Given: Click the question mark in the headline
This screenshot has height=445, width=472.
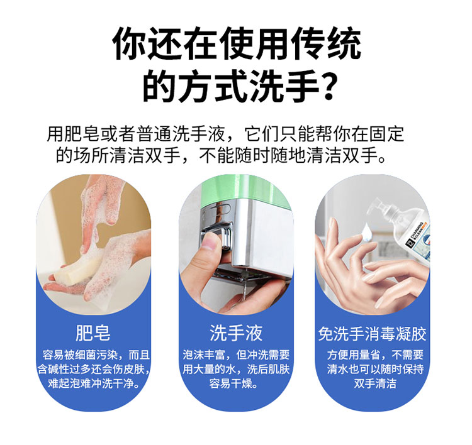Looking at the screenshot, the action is click(x=326, y=86).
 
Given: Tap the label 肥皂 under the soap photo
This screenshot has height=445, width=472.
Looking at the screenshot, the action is click(x=93, y=333).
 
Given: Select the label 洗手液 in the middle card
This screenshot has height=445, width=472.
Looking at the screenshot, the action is click(x=236, y=333).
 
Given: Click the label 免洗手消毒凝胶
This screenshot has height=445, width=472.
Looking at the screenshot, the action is click(x=372, y=334).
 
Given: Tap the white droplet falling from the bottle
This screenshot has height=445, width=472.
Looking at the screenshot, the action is click(x=366, y=230).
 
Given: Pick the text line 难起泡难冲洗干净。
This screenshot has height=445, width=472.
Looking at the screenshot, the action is click(x=94, y=383).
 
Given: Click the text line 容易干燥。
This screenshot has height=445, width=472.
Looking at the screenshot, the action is click(x=234, y=383).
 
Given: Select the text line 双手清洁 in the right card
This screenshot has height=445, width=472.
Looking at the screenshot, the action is click(x=374, y=383).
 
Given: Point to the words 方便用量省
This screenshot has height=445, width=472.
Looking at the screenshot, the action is click(x=353, y=355).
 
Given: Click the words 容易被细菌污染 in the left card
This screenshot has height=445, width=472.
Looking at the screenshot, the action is click(x=80, y=355).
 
